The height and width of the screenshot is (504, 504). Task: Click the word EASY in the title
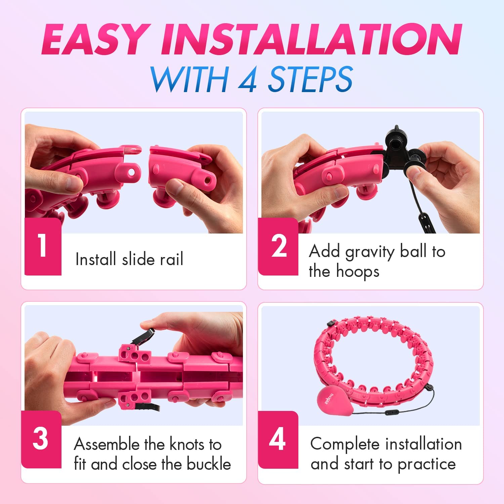tap(95, 40)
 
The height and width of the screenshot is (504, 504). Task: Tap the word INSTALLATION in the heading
tap(311, 40)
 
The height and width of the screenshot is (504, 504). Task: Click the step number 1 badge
tap(43, 246)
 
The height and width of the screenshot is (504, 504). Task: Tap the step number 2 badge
tap(278, 246)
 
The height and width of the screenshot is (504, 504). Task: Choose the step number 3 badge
tap(41, 439)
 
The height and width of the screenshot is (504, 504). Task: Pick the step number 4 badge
tap(278, 439)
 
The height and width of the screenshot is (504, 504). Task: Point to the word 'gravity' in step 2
tap(370, 252)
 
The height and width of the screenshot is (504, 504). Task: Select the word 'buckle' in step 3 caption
tap(209, 464)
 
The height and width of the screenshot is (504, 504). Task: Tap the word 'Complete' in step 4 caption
tap(345, 444)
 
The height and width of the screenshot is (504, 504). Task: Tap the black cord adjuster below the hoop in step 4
tap(390, 412)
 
